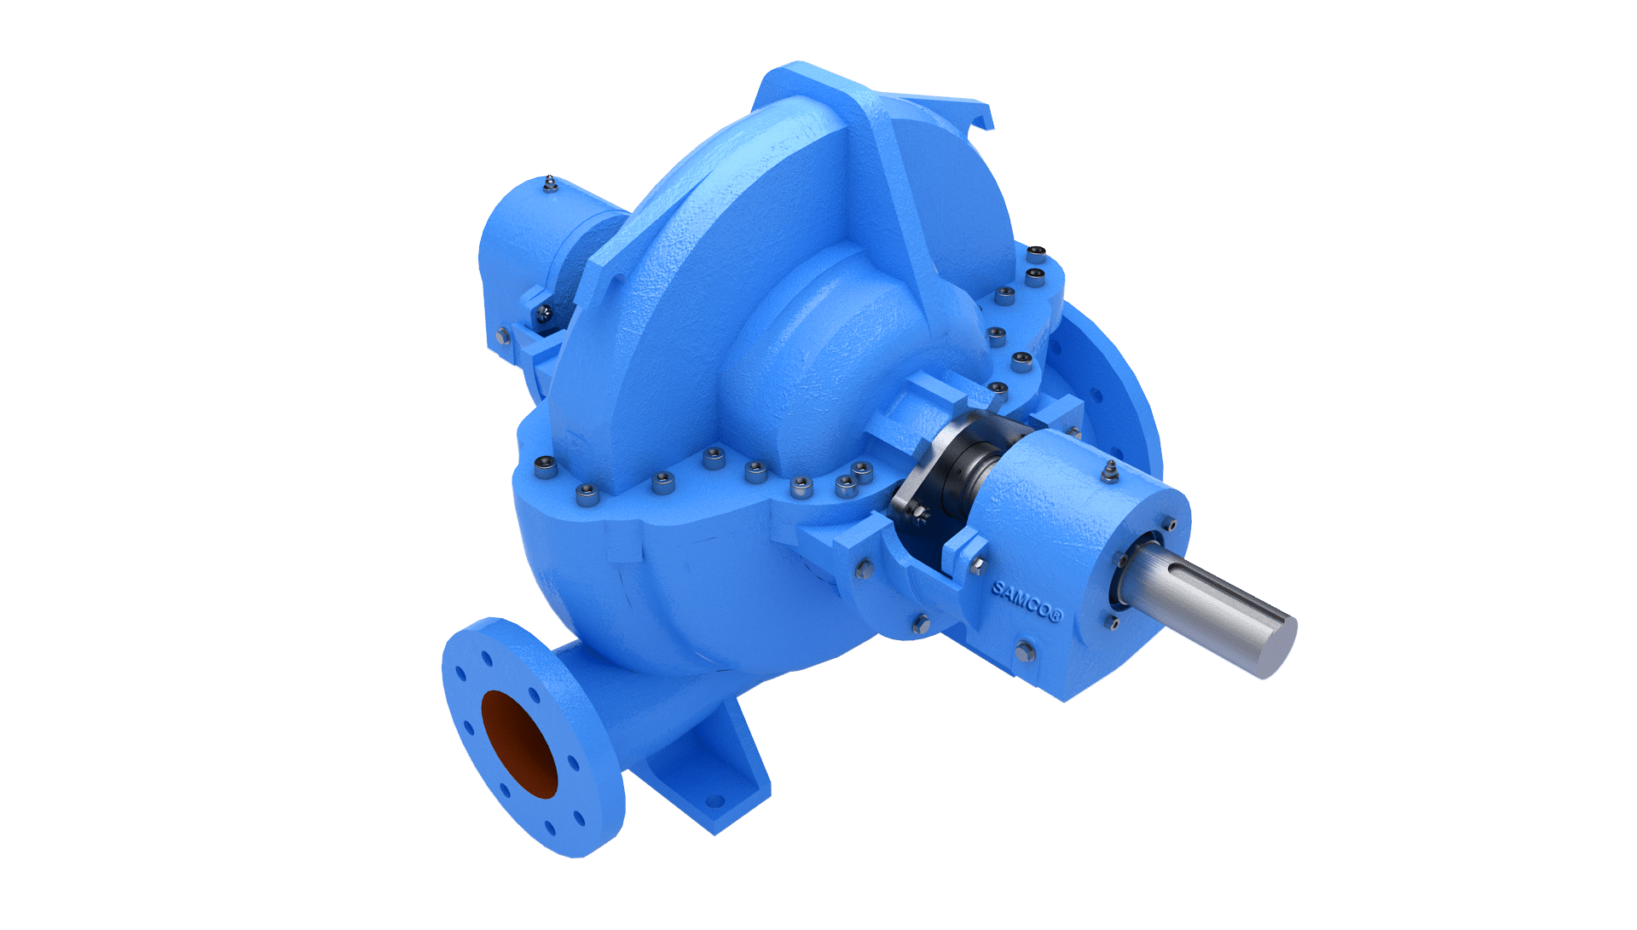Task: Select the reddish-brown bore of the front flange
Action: click(x=518, y=743)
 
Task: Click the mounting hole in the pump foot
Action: click(x=714, y=800)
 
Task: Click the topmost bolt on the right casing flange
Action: click(x=1036, y=252)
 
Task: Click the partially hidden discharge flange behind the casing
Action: click(x=1117, y=384)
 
